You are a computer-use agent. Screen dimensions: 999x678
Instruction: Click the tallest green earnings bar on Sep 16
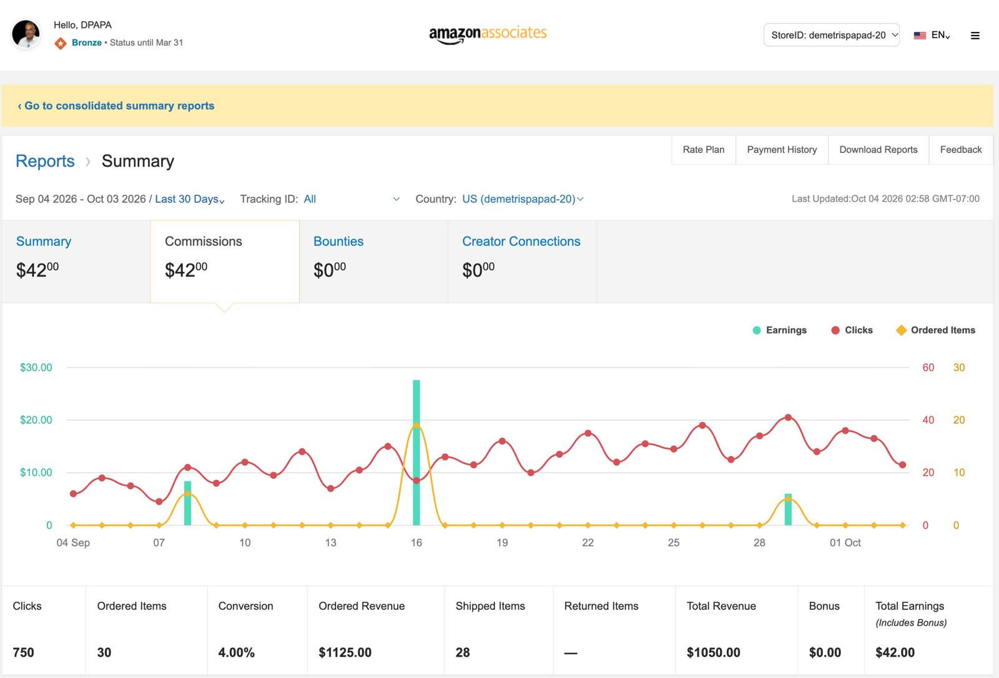tap(416, 452)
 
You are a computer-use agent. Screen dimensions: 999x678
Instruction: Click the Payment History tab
tap(782, 150)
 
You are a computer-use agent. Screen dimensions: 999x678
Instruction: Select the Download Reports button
tap(878, 150)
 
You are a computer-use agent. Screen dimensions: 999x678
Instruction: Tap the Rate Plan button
tap(703, 150)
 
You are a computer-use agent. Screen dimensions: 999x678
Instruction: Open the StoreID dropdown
tap(831, 35)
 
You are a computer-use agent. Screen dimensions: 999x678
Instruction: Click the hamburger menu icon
tap(975, 36)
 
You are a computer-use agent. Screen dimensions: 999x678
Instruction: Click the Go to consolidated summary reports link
tap(116, 106)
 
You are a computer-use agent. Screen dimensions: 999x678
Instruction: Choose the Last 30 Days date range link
tap(190, 199)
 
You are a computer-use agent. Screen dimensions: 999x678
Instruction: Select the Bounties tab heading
tap(338, 242)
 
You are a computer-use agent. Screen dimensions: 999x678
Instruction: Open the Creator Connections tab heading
tap(521, 242)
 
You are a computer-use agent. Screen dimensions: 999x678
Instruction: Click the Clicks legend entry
tap(852, 330)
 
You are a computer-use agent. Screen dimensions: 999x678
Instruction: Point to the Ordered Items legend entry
tap(935, 330)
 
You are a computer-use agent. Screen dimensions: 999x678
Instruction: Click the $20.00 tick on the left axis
tap(36, 420)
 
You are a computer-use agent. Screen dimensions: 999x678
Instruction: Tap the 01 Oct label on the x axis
tap(845, 543)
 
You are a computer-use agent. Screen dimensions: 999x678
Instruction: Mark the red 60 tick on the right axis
tap(928, 368)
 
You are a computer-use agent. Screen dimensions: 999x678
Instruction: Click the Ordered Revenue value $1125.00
tap(345, 652)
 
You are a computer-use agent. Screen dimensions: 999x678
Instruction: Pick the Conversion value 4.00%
tap(237, 652)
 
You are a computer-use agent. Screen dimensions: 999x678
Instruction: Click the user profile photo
tap(26, 34)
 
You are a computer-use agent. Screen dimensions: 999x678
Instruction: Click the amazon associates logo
tap(488, 34)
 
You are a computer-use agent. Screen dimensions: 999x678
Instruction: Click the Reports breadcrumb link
tap(45, 161)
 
